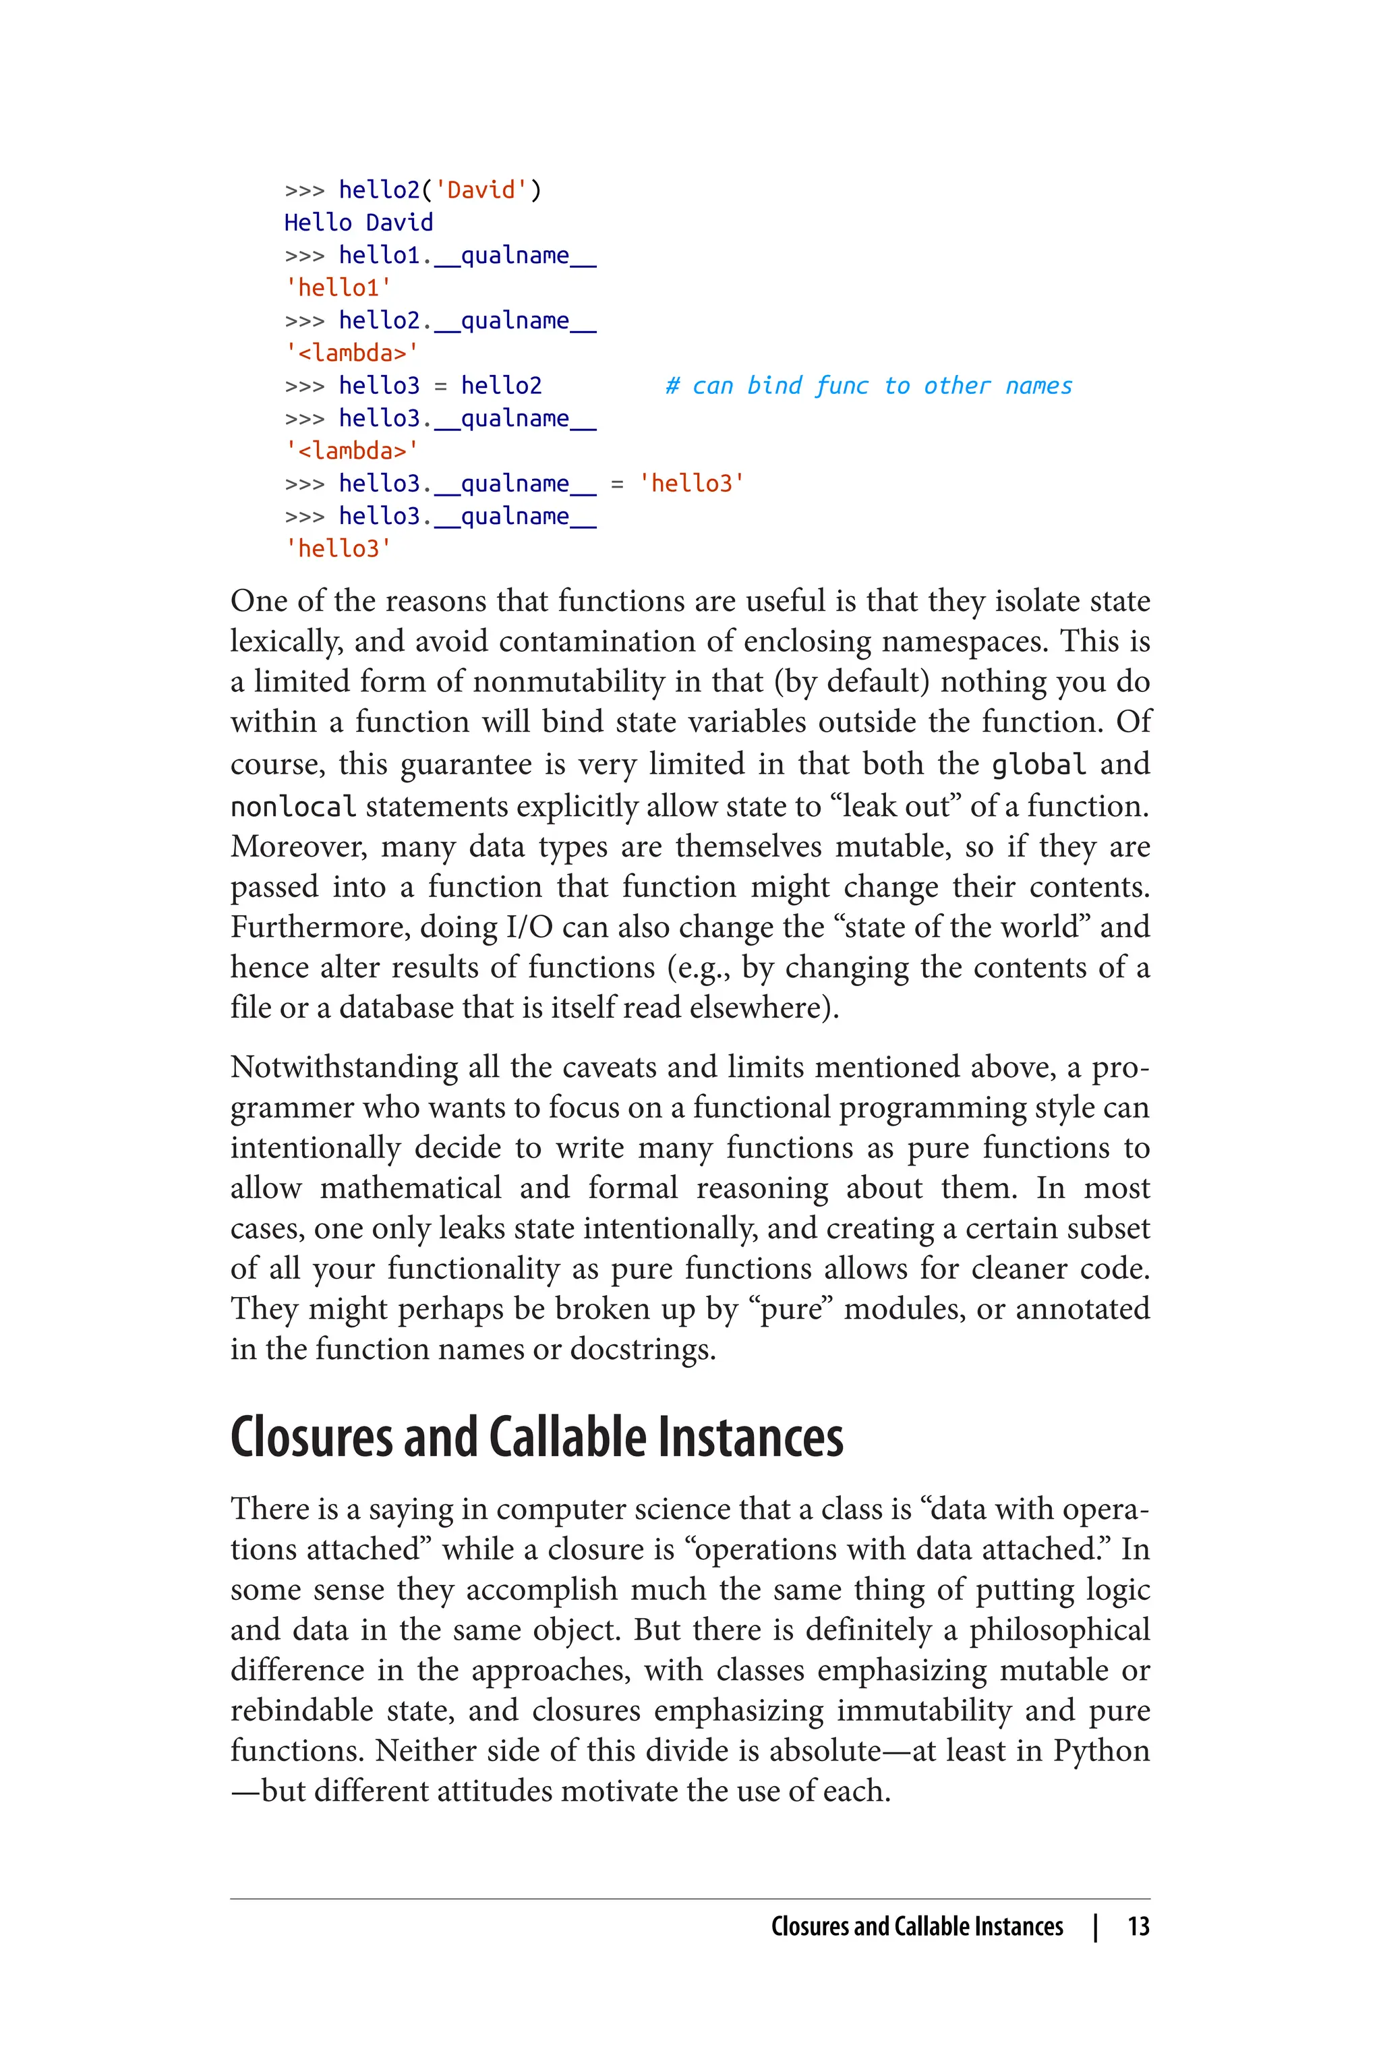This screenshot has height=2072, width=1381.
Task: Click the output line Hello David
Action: pos(359,223)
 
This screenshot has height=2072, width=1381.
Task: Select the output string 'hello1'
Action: pos(339,288)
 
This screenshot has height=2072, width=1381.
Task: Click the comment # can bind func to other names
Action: pos(869,386)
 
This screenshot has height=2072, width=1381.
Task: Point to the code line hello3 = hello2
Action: pos(440,386)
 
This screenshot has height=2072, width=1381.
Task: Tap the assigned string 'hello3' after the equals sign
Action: pos(691,484)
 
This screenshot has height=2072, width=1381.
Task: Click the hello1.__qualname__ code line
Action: pos(467,256)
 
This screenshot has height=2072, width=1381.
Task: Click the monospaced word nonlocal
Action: pos(293,806)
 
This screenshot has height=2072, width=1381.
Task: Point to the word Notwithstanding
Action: pos(343,1067)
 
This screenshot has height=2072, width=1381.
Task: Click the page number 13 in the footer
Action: pos(1138,1926)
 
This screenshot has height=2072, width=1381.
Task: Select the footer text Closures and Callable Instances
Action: pos(917,1926)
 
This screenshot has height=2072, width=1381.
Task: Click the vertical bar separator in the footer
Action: pos(1095,1926)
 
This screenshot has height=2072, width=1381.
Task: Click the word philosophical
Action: pos(1059,1630)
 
